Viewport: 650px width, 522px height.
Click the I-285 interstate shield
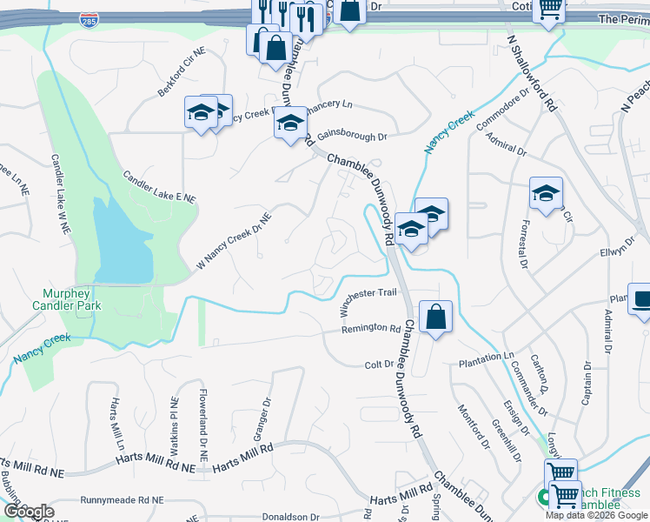[88, 19]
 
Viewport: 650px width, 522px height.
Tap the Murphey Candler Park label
[67, 299]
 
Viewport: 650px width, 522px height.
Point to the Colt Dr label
[379, 365]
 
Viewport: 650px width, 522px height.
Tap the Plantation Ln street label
[487, 358]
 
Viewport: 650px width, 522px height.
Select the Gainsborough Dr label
[351, 137]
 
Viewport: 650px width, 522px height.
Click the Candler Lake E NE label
[160, 187]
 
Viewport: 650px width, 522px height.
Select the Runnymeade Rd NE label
[122, 500]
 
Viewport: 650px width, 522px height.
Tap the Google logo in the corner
[28, 512]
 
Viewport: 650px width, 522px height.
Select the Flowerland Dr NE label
[202, 426]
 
